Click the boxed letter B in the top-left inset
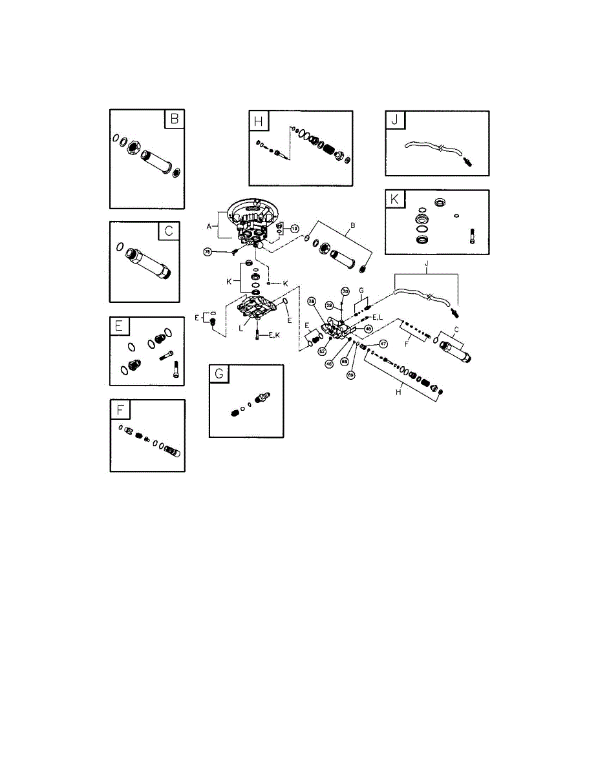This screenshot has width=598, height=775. coord(173,119)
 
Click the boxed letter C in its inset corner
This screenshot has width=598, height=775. coord(173,231)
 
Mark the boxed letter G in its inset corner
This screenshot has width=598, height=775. coord(219,374)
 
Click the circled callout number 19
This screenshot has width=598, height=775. coord(295,228)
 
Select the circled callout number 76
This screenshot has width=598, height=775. coord(208,252)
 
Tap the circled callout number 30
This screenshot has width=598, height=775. coord(345,291)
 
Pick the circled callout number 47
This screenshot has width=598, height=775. coord(383,344)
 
